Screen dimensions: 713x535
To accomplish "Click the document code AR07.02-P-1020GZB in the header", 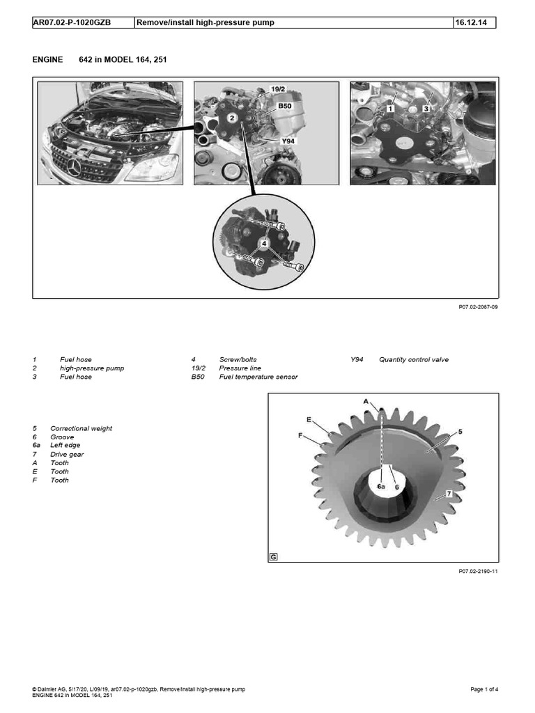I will pyautogui.click(x=72, y=22).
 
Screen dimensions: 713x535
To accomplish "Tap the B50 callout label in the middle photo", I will pyautogui.click(x=285, y=105).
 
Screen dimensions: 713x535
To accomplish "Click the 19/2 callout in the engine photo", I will pyautogui.click(x=278, y=90).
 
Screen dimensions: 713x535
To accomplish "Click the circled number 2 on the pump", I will pyautogui.click(x=230, y=118).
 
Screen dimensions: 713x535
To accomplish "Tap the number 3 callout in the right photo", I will pyautogui.click(x=425, y=109).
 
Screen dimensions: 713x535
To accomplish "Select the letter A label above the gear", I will pyautogui.click(x=365, y=401).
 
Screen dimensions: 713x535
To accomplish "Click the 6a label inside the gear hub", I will pyautogui.click(x=381, y=487).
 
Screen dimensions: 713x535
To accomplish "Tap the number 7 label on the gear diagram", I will pyautogui.click(x=449, y=493).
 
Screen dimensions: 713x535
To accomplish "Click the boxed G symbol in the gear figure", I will pyautogui.click(x=273, y=556).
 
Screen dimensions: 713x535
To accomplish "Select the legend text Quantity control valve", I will pyautogui.click(x=414, y=360).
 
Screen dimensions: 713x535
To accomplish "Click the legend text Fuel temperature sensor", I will pyautogui.click(x=258, y=377).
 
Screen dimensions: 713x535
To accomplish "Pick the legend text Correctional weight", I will pyautogui.click(x=81, y=428).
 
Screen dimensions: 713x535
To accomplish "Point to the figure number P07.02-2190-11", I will pyautogui.click(x=478, y=572).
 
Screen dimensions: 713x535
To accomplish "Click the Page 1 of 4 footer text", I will pyautogui.click(x=484, y=689).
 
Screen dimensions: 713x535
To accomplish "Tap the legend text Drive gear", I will pyautogui.click(x=68, y=454).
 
